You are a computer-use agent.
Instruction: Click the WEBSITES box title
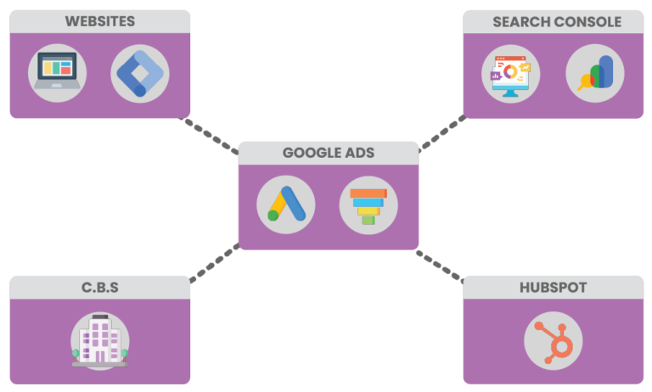point(100,21)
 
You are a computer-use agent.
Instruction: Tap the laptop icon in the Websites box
point(57,72)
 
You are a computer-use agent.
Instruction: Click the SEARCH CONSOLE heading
point(556,22)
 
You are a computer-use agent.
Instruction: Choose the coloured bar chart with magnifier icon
point(594,73)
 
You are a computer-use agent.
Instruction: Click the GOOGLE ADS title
point(329,154)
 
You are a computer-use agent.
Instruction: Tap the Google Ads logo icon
point(286,204)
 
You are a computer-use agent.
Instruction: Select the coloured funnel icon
point(368,204)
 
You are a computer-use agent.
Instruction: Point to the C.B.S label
point(99,288)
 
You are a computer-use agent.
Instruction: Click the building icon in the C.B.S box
point(99,339)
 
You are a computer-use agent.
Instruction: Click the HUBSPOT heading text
point(553,288)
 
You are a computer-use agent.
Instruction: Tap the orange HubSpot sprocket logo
point(554,339)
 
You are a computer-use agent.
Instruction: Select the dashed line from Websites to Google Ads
point(212,136)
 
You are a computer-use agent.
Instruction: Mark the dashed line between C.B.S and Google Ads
point(215,262)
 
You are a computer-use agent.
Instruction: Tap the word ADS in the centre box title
point(359,154)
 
